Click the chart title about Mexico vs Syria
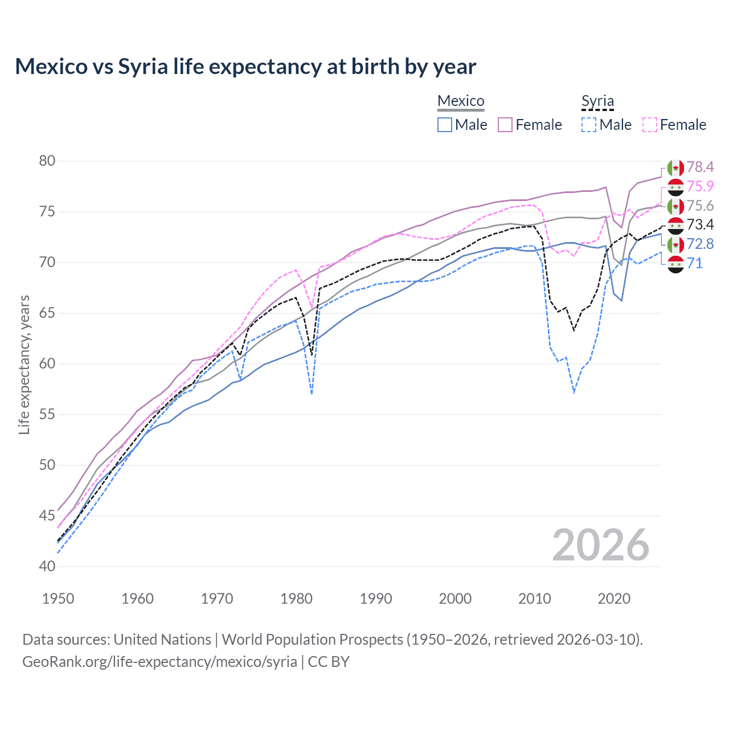point(245,67)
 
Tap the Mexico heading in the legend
point(461,101)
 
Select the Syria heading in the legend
point(597,101)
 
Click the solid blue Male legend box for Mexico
point(445,125)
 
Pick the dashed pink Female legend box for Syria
point(650,125)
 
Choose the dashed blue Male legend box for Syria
point(589,125)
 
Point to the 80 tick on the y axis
point(47,161)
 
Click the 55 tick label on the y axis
point(47,415)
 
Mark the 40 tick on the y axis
point(47,567)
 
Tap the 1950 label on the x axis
point(58,599)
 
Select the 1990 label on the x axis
point(376,599)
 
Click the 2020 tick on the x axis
point(614,599)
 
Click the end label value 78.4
point(700,167)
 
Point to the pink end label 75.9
point(700,186)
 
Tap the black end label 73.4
point(700,224)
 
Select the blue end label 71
point(695,263)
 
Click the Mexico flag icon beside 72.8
point(675,244)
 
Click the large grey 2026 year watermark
point(600,545)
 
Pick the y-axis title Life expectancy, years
point(24,364)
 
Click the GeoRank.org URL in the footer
point(159,662)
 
